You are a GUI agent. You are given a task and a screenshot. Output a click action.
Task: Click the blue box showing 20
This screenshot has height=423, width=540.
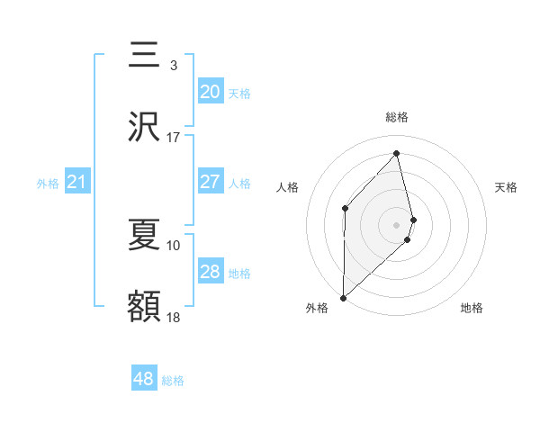tap(210, 91)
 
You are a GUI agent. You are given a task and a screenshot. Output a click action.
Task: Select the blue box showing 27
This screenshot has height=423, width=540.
tap(210, 181)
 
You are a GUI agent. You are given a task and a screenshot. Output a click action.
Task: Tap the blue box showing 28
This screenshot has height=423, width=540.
tap(210, 271)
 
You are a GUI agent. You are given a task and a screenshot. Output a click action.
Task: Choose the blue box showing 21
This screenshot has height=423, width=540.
tap(76, 183)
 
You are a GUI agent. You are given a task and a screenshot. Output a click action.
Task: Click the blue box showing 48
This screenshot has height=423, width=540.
tap(143, 379)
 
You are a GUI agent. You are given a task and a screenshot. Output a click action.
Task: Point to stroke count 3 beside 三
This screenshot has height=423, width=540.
tap(173, 65)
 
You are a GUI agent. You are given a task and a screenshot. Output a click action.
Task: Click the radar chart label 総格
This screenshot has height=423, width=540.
tap(397, 117)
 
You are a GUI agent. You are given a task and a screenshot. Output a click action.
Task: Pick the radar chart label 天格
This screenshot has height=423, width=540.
tap(506, 187)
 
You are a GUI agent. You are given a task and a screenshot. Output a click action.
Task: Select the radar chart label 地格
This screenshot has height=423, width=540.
tap(472, 308)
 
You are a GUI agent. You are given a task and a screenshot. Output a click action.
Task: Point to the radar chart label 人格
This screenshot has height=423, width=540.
tap(287, 187)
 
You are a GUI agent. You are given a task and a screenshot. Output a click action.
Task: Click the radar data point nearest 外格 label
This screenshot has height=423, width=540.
tap(343, 297)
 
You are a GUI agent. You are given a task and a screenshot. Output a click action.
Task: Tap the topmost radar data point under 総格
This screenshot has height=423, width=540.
tap(397, 154)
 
